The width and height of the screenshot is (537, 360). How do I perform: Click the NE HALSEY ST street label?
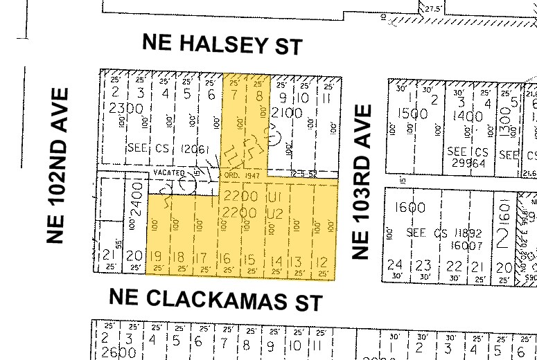(222, 44)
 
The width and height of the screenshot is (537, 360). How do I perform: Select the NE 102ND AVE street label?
(60, 165)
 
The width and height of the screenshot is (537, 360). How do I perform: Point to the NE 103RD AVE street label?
(362, 181)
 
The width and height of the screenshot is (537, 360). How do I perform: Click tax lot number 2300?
(125, 108)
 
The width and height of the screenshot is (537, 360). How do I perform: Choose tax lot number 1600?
(412, 207)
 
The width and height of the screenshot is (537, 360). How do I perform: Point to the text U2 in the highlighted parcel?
(272, 213)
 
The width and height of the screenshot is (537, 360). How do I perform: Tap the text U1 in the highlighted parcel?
(272, 197)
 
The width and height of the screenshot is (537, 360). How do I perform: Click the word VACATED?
(168, 172)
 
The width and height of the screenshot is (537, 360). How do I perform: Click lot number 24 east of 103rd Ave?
(395, 264)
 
